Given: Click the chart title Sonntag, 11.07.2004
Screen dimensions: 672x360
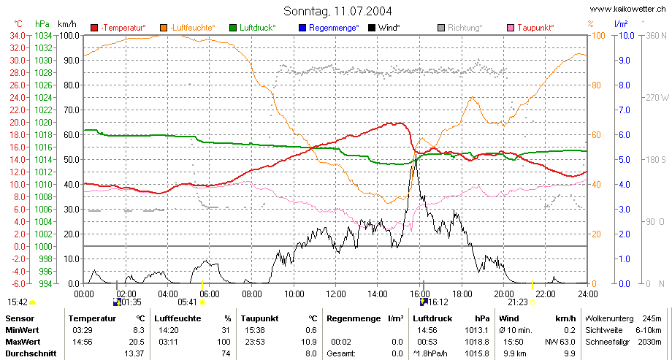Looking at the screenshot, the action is pyautogui.click(x=337, y=11).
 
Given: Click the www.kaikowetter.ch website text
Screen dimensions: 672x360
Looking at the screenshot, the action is pyautogui.click(x=628, y=9).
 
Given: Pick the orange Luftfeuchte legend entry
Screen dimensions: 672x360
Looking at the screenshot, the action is pyautogui.click(x=187, y=28).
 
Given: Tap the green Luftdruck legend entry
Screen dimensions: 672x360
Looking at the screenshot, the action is pyautogui.click(x=253, y=28).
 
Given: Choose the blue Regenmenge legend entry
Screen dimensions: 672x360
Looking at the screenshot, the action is pyautogui.click(x=329, y=28).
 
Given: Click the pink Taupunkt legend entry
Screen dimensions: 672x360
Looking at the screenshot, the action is pyautogui.click(x=530, y=28).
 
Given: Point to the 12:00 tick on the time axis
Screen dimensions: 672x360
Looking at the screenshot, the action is pyautogui.click(x=335, y=294).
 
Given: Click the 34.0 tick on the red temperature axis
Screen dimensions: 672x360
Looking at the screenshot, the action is pyautogui.click(x=17, y=36).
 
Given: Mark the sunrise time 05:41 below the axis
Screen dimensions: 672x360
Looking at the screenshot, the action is pyautogui.click(x=187, y=302).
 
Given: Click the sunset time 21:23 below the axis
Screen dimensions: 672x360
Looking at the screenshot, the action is pyautogui.click(x=517, y=302).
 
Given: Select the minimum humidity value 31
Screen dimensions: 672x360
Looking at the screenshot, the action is pyautogui.click(x=226, y=331).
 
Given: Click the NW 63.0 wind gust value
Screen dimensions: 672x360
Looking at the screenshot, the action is pyautogui.click(x=560, y=342).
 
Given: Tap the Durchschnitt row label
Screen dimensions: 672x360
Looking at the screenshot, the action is pyautogui.click(x=31, y=353).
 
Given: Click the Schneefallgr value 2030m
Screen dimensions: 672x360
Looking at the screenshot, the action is pyautogui.click(x=652, y=342).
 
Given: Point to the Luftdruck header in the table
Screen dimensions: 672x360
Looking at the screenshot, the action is pyautogui.click(x=432, y=318).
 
